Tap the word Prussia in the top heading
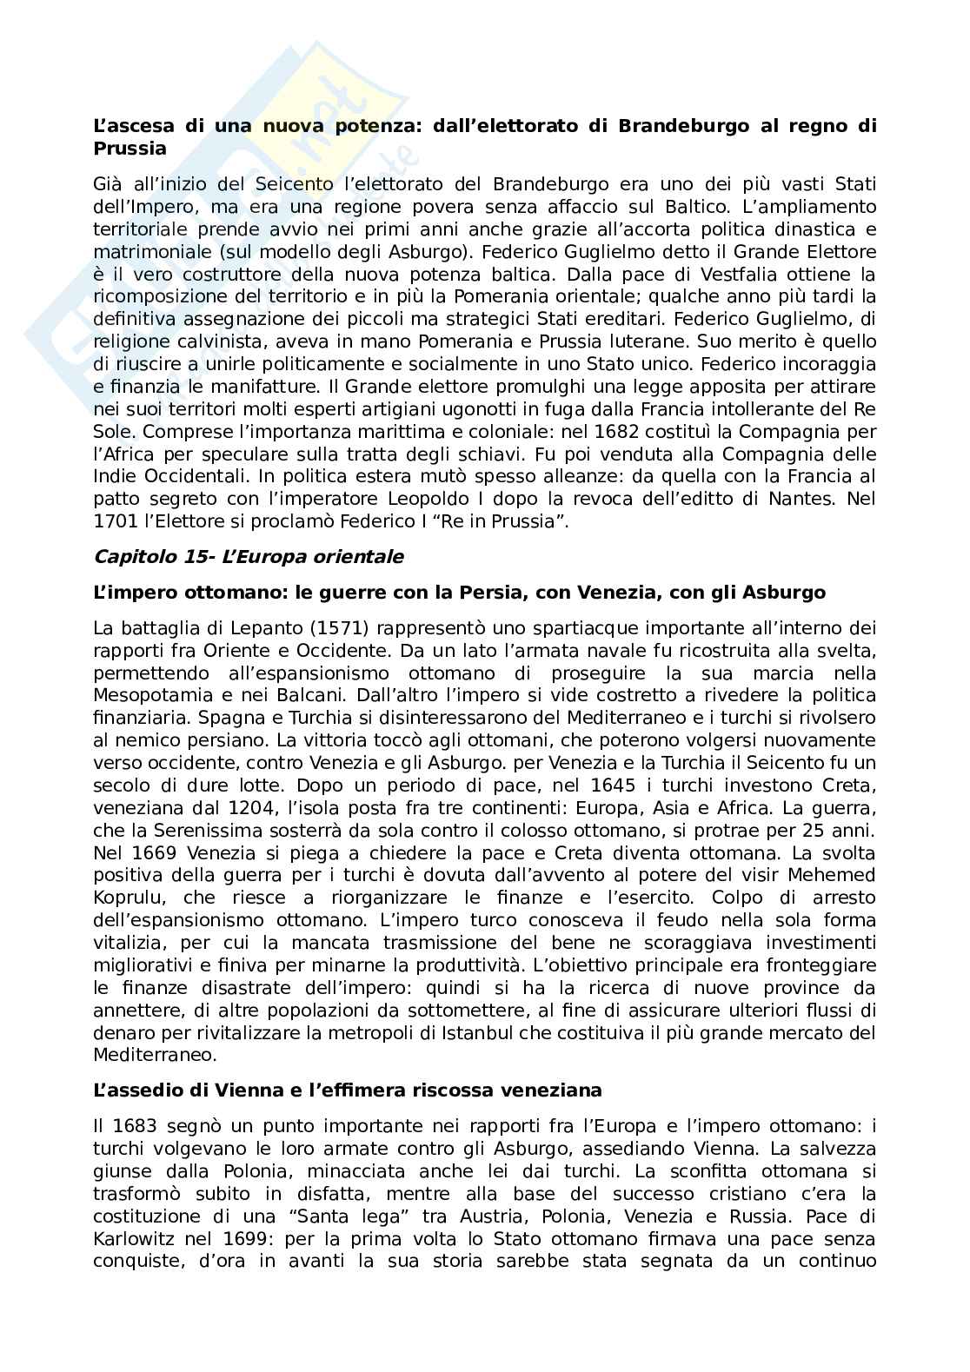click(x=130, y=149)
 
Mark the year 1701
click(x=116, y=522)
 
